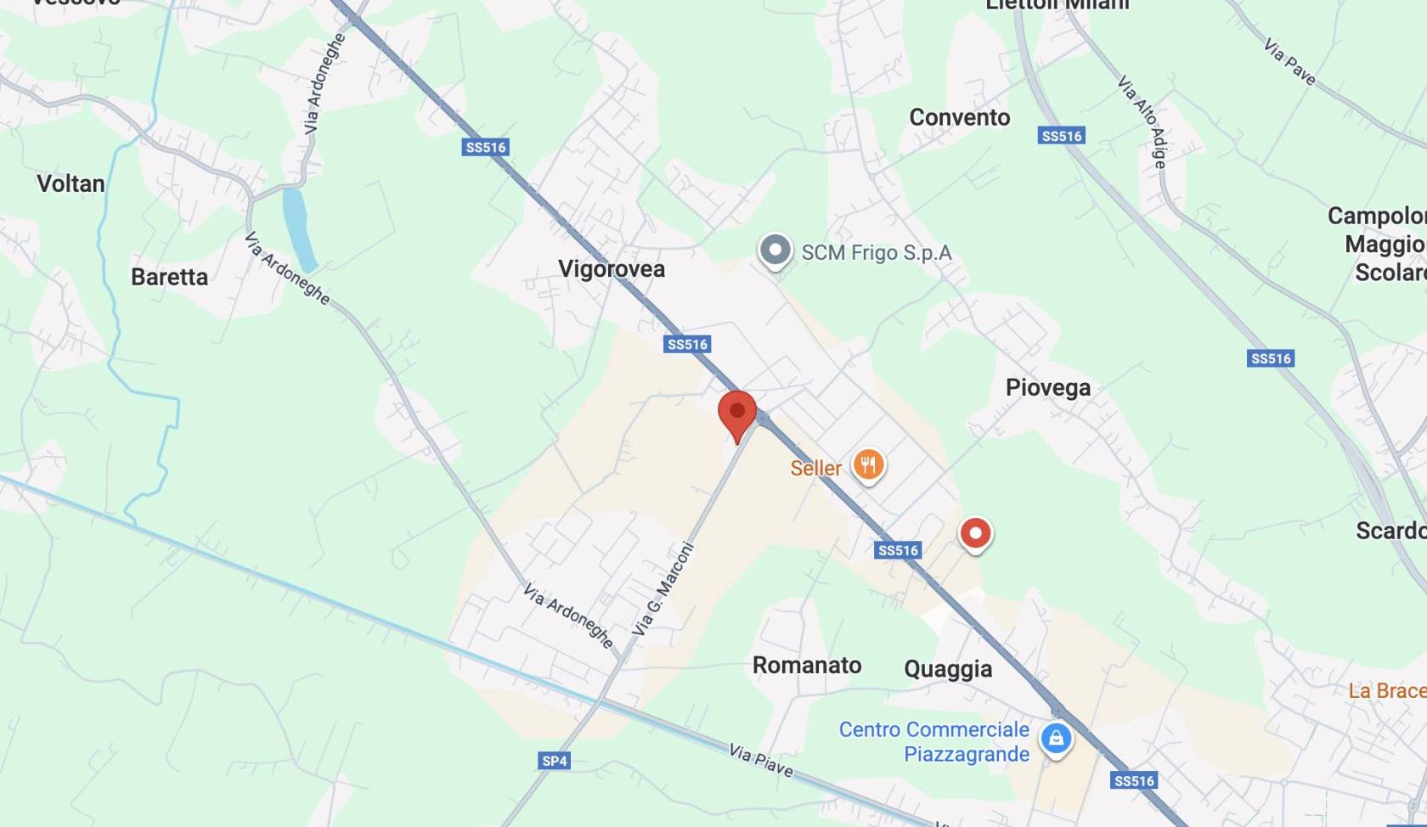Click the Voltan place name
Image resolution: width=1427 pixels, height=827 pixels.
[x=71, y=183]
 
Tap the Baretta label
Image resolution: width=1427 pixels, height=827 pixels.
[x=169, y=277]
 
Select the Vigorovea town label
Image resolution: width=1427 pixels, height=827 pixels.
[x=612, y=269]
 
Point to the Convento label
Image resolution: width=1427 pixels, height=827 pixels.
[x=960, y=117]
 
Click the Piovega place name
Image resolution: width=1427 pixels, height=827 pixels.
[x=1047, y=387]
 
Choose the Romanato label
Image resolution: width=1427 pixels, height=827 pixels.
[x=807, y=665]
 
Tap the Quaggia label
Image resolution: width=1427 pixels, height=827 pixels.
[x=948, y=669]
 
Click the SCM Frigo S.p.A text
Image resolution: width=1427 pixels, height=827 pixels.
[x=877, y=253]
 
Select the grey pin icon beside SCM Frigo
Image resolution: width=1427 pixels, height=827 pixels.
[x=775, y=250]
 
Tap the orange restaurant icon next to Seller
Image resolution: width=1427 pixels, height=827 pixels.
[x=868, y=466]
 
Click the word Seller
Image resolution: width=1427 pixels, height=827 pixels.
[x=815, y=468]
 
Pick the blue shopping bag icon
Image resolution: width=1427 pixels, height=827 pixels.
[x=1056, y=738]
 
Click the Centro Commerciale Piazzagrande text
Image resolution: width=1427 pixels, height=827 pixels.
[x=934, y=741]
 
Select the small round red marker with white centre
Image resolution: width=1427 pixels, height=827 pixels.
[x=975, y=534]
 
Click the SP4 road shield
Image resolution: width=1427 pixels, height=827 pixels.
[x=555, y=761]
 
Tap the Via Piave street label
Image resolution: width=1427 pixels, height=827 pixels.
[x=761, y=760]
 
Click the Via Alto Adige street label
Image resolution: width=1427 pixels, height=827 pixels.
[x=1142, y=121]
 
